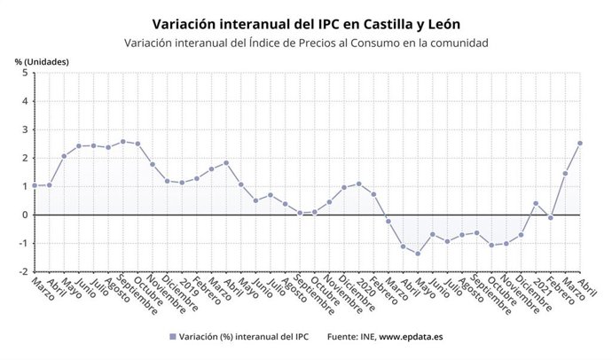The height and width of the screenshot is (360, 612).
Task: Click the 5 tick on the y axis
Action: [x=24, y=73]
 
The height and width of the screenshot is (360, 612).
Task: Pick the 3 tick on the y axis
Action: [x=24, y=129]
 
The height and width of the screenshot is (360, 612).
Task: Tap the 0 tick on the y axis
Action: [x=24, y=215]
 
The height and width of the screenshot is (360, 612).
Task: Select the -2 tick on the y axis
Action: [x=22, y=271]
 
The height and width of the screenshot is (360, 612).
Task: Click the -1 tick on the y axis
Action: [x=22, y=243]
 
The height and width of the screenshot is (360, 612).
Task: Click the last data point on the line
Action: [x=580, y=143]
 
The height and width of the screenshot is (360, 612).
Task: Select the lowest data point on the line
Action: [x=418, y=254]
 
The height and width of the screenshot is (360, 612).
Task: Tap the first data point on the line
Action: [x=34, y=185]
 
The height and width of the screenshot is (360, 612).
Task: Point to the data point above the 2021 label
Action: [x=536, y=203]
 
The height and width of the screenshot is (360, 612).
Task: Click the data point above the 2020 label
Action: [x=358, y=184]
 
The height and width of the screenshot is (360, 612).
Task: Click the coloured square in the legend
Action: [x=171, y=337]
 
